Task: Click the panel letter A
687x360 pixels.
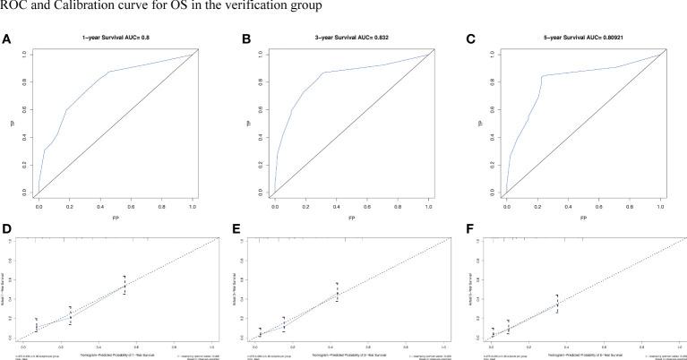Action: tap(6, 39)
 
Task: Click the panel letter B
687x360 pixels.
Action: tap(236, 39)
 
